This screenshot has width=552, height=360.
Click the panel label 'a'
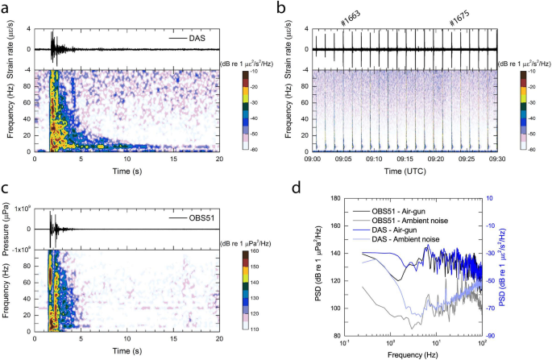pos(6,7)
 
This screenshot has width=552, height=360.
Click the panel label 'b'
pos(281,7)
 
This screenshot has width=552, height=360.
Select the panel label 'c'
pos(6,189)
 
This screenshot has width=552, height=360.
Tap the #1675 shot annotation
pos(461,22)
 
